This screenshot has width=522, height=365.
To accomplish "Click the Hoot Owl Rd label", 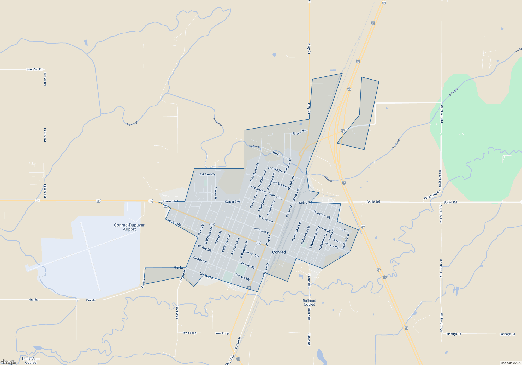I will tap(34, 69).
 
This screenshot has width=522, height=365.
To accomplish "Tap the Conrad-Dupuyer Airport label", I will tap(129, 227).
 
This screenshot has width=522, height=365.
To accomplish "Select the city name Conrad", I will tap(279, 252).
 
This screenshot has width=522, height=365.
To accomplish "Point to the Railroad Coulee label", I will tap(309, 302).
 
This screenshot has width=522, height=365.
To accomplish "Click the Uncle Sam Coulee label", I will tap(31, 361).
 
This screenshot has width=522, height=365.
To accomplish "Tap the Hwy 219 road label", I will tap(229, 360).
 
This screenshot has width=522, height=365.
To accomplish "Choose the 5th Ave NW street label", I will tap(299, 132).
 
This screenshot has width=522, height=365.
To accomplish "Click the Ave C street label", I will tap(276, 153).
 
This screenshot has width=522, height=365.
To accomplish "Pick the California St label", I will tap(346, 241).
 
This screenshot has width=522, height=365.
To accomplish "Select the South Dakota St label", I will tap(296, 231).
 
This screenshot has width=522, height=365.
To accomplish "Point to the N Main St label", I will tap(291, 183).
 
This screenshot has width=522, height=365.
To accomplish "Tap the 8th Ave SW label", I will tap(207, 276).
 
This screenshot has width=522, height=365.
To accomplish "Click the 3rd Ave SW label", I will tap(261, 230).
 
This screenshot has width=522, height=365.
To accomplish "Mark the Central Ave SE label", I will tap(321, 215).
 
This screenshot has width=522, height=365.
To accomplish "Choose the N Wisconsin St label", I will tap(254, 172).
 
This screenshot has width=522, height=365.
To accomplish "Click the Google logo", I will tap(9, 362).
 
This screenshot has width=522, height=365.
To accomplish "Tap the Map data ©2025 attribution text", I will tap(511, 363).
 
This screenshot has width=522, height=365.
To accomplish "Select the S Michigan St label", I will tap(209, 236).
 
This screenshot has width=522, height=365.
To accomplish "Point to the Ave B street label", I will tap(342, 229).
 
